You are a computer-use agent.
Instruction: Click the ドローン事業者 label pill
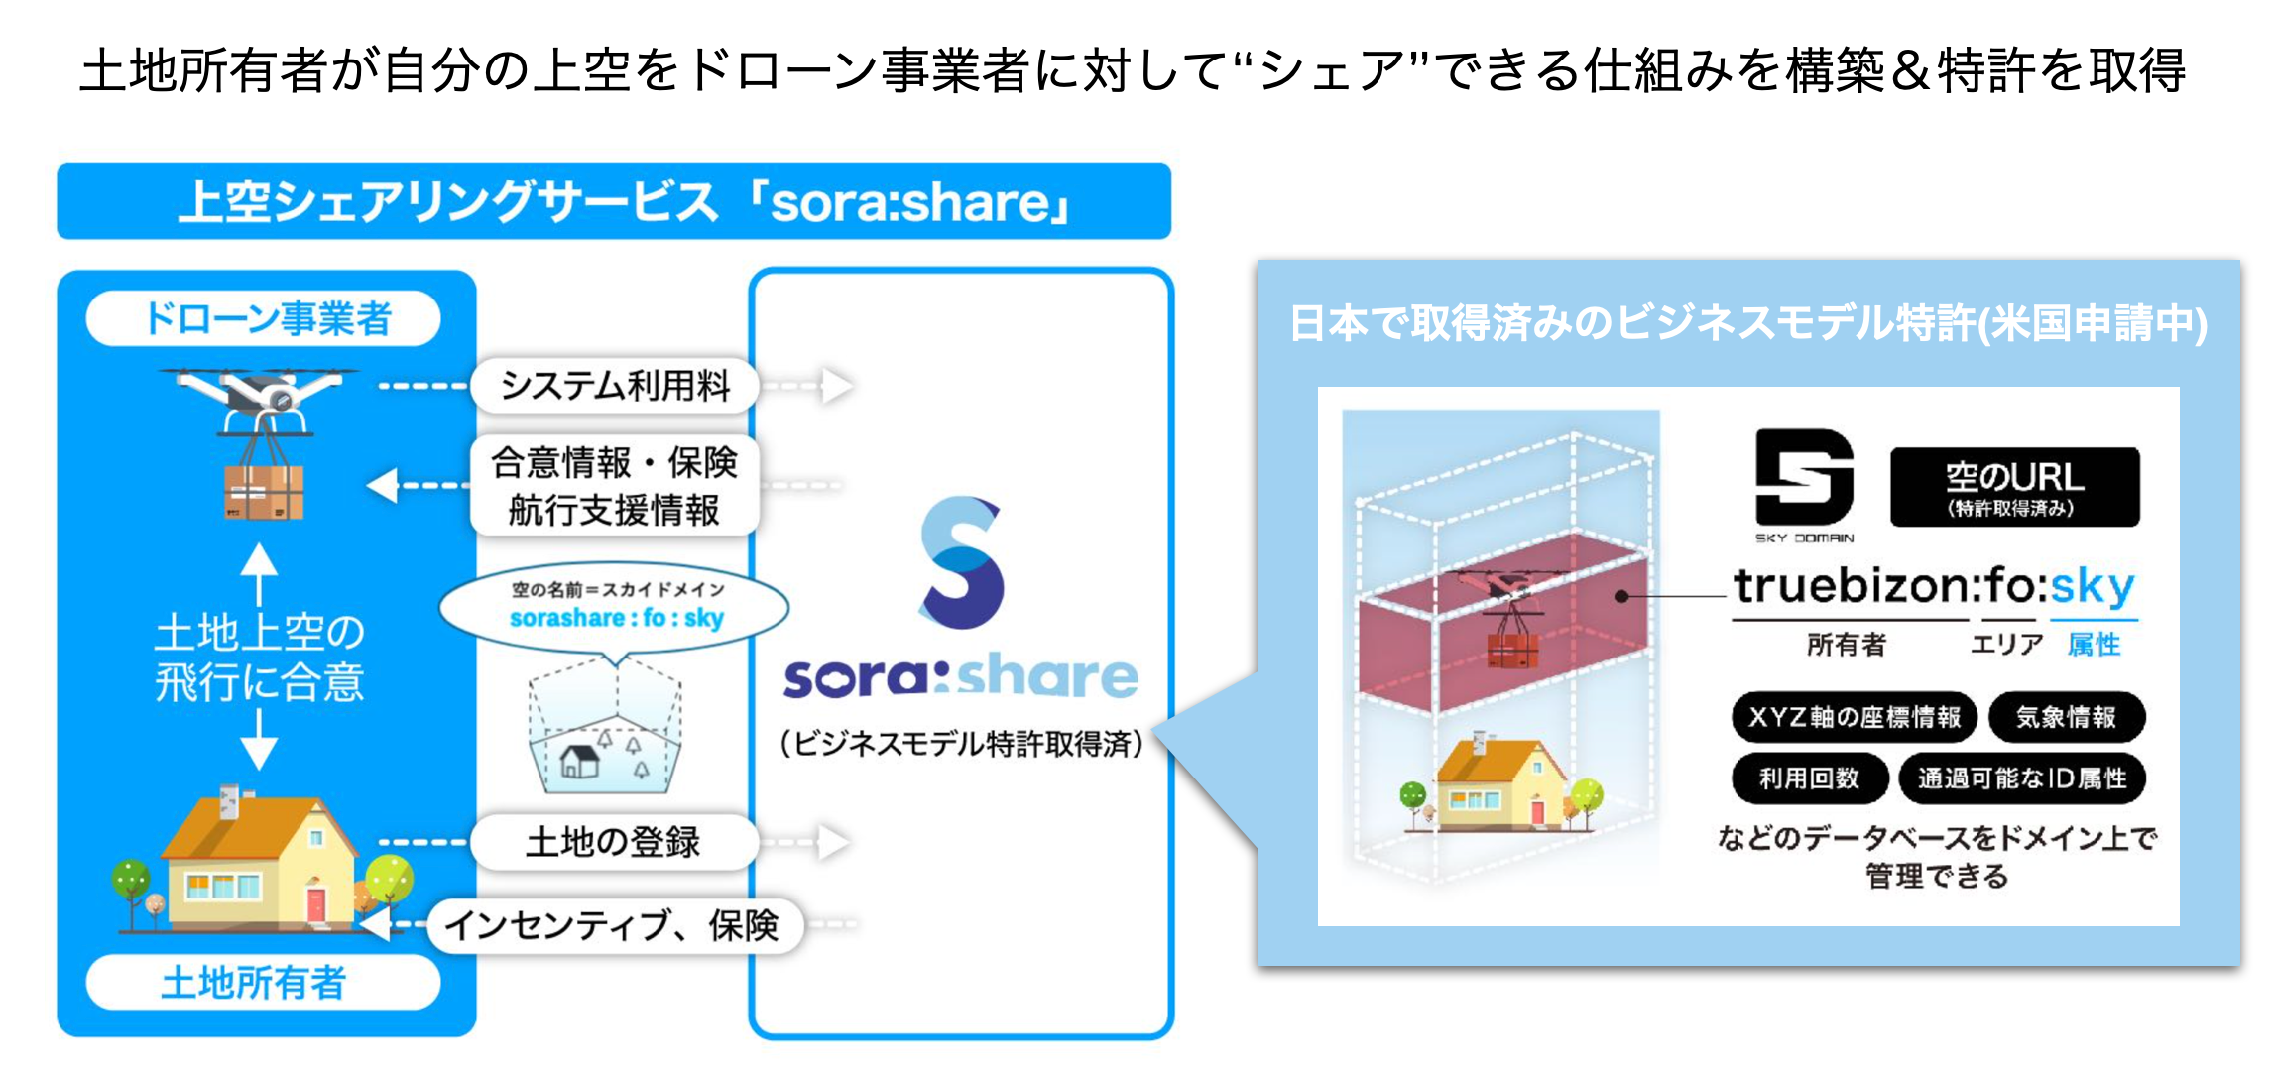(x=264, y=318)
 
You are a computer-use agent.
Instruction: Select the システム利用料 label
(x=614, y=385)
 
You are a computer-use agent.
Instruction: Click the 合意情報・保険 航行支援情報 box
(x=614, y=486)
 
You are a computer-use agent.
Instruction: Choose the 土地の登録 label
(x=614, y=842)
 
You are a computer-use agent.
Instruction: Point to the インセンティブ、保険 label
(x=614, y=925)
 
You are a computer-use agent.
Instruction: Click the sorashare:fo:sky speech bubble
(x=615, y=607)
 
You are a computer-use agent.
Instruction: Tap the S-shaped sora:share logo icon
(x=961, y=562)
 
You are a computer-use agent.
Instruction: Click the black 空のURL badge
(x=2014, y=486)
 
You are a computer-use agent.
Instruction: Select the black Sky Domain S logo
(x=1804, y=477)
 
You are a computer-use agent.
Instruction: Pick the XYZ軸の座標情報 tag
(x=1854, y=717)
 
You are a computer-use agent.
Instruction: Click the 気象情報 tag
(x=2066, y=717)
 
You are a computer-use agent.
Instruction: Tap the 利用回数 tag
(x=1809, y=778)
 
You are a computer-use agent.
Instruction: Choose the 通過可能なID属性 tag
(x=2021, y=778)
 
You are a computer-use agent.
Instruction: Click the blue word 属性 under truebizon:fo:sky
(x=2094, y=645)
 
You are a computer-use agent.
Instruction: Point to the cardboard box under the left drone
(x=263, y=492)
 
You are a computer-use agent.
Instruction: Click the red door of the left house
(x=316, y=905)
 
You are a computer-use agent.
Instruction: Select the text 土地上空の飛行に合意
(x=260, y=657)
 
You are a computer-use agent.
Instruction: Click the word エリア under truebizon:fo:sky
(x=2006, y=645)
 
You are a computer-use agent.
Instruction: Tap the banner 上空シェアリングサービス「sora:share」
(x=614, y=201)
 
